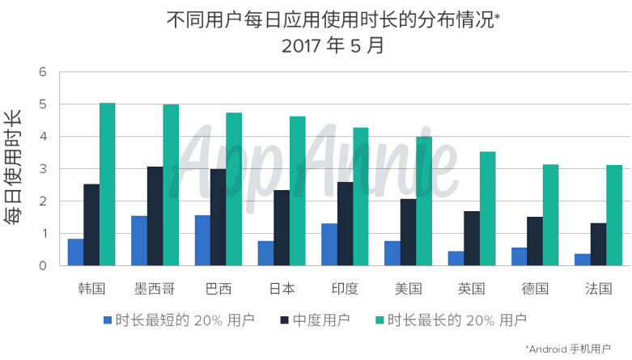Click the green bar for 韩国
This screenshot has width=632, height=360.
click(108, 184)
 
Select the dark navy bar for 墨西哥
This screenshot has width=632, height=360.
click(155, 216)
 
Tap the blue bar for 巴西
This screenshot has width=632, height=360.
click(202, 240)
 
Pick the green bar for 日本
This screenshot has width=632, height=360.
click(297, 191)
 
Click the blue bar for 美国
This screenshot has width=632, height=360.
click(392, 253)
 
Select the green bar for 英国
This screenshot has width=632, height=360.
click(487, 209)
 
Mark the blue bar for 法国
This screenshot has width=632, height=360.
click(583, 260)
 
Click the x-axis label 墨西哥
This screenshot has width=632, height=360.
click(155, 288)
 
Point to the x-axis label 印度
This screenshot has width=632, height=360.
click(345, 288)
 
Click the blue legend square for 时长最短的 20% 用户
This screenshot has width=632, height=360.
click(107, 320)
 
